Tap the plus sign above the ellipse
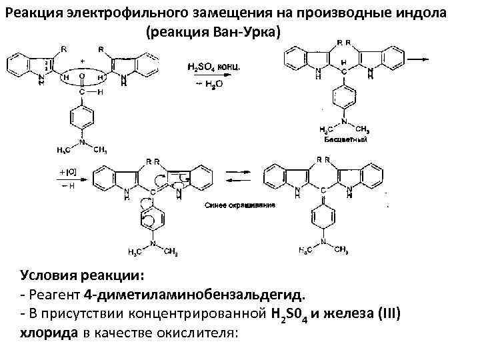(x=82, y=60)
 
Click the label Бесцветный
(x=344, y=141)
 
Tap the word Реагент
(x=55, y=294)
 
